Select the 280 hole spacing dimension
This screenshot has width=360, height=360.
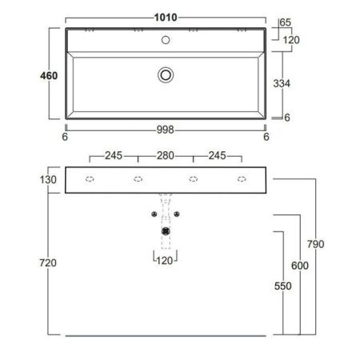166,155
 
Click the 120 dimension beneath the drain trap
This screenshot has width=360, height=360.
166,260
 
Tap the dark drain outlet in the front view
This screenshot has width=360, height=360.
166,230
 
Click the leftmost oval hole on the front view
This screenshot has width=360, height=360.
90,179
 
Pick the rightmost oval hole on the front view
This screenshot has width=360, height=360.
241,179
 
